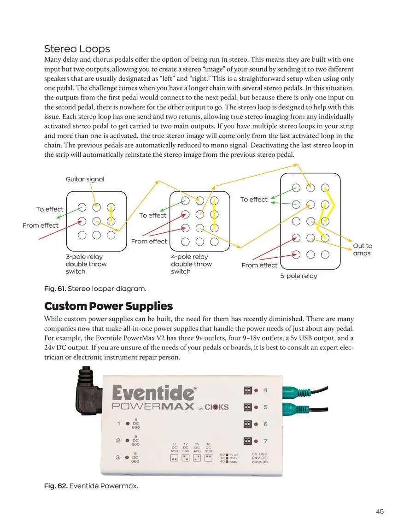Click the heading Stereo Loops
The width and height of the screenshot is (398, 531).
[x=77, y=49]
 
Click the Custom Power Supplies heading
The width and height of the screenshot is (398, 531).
[x=108, y=306]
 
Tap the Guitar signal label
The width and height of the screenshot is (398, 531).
[x=85, y=179]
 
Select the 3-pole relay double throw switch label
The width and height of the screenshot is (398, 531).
[x=86, y=264]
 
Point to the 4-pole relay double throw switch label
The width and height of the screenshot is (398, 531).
[x=191, y=264]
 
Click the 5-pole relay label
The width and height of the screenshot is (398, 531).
[x=298, y=276]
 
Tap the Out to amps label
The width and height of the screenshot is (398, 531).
[x=362, y=249]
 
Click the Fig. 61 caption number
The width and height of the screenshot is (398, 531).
[x=55, y=289]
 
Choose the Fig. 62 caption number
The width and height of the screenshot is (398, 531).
[x=55, y=486]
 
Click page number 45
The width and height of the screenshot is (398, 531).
[x=380, y=511]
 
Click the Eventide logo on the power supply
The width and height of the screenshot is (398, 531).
[x=153, y=393]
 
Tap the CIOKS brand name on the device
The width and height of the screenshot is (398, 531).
[x=217, y=407]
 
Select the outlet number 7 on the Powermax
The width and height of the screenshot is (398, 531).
[x=265, y=442]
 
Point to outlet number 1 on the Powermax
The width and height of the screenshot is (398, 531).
[x=119, y=423]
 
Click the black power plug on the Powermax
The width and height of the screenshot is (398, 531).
[x=88, y=392]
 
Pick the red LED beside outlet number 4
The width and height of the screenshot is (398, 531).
[x=256, y=391]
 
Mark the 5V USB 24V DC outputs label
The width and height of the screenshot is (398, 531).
[x=260, y=457]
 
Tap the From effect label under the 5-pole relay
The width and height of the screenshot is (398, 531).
[x=259, y=265]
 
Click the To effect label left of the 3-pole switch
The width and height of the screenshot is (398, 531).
[x=50, y=209]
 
